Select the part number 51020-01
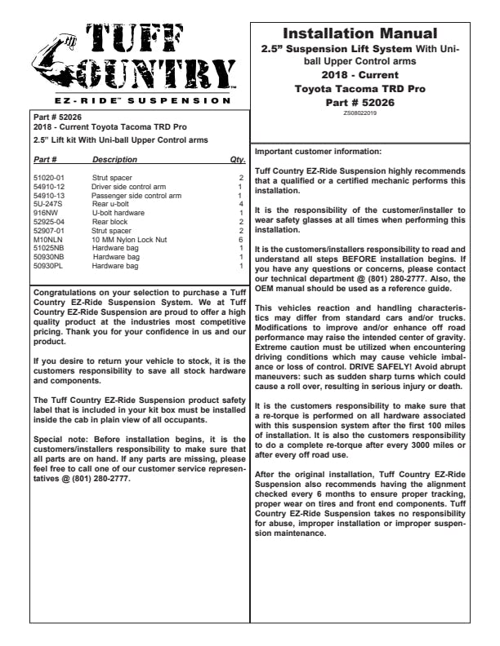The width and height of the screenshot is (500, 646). tap(48, 177)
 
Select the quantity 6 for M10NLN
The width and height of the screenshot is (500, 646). tap(241, 240)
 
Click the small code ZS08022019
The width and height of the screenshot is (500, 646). tap(359, 113)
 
